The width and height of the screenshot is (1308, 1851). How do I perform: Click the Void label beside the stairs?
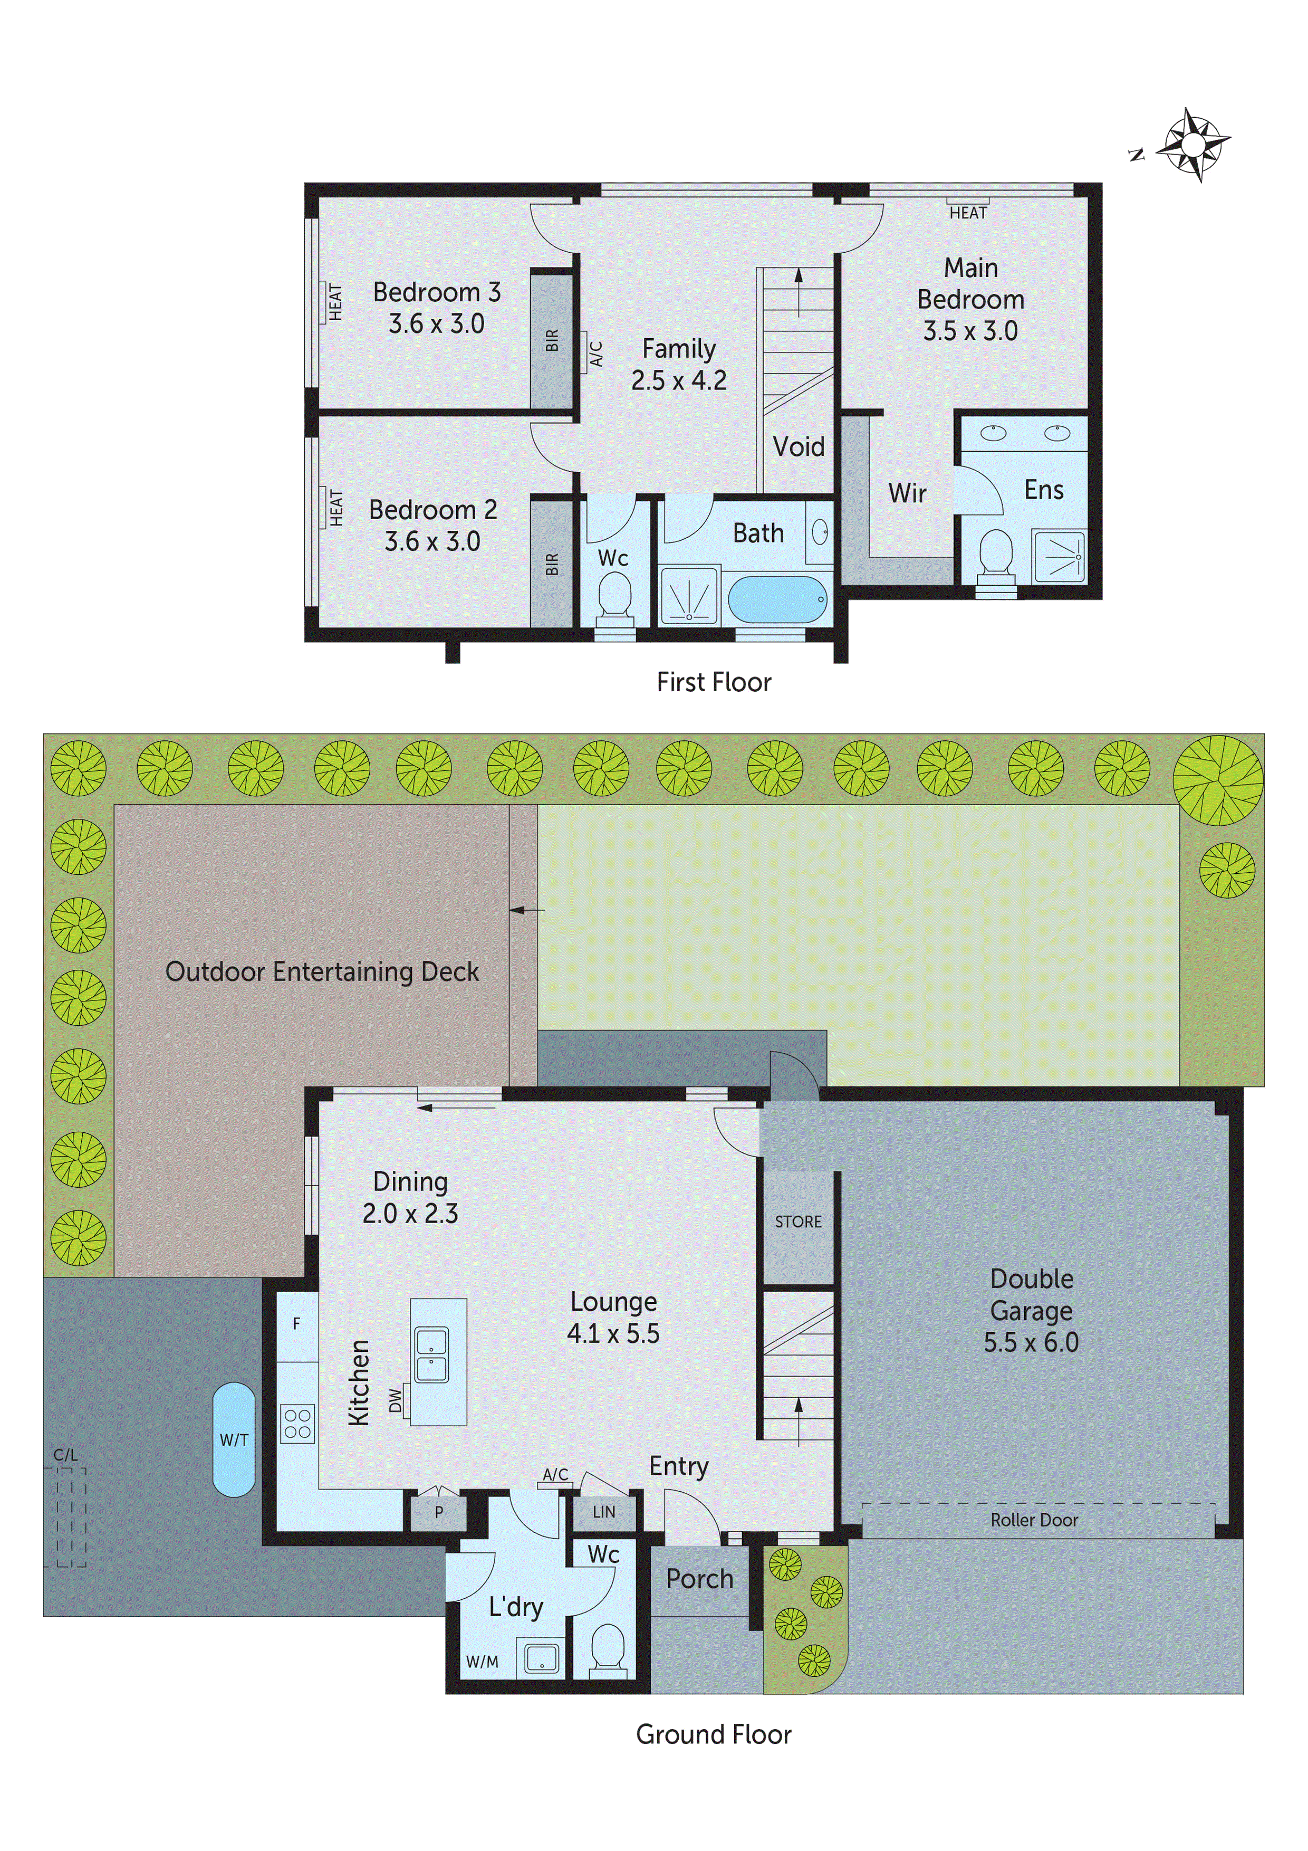coord(798,446)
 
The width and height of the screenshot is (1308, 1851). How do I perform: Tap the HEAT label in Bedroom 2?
coord(336,508)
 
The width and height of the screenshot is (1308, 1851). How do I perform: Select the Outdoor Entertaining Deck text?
coord(322,971)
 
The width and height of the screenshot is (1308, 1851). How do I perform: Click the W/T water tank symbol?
coord(234,1440)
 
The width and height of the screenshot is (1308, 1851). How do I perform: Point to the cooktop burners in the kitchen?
coord(297,1423)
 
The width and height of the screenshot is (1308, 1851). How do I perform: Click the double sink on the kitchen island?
coord(431,1355)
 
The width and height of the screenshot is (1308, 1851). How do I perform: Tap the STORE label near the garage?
coord(798,1222)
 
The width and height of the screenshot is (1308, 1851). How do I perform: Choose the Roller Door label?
coord(1034,1520)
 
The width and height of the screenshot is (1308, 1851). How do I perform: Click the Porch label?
coord(699,1579)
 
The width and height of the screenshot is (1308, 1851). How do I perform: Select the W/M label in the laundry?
coord(482,1662)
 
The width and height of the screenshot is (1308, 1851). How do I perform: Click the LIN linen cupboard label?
coord(603,1512)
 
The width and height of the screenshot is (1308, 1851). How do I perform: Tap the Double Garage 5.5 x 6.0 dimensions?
coord(1031,1341)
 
